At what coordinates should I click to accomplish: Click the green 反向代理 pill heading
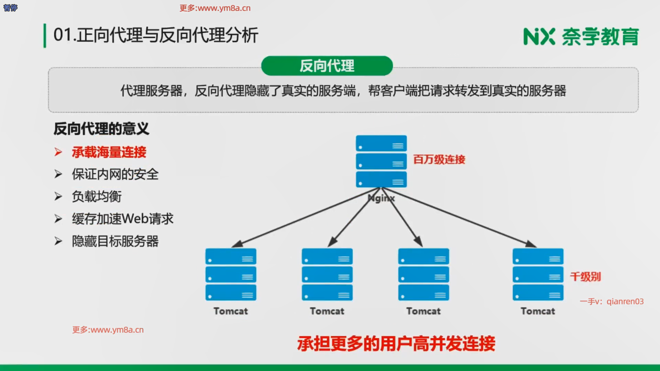click(x=327, y=66)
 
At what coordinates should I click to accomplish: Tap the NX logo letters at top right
click(x=539, y=37)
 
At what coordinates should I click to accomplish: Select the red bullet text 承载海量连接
click(x=109, y=152)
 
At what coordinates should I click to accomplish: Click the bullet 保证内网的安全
click(x=115, y=175)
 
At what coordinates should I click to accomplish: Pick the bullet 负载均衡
click(x=97, y=196)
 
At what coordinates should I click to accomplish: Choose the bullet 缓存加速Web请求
click(x=122, y=219)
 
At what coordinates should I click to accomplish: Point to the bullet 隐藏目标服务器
click(x=115, y=241)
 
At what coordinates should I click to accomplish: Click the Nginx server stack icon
click(x=381, y=161)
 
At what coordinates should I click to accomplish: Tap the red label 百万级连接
click(x=439, y=159)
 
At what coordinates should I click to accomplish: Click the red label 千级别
click(x=585, y=277)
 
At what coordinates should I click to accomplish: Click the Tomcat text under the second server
click(x=327, y=311)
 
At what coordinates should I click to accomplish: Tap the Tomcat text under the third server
click(x=423, y=311)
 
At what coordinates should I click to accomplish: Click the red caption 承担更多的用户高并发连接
click(x=396, y=343)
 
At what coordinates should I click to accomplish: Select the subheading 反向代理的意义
click(x=101, y=129)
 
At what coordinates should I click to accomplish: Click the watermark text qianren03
click(x=625, y=302)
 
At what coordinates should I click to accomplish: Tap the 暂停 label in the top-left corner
click(x=10, y=8)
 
